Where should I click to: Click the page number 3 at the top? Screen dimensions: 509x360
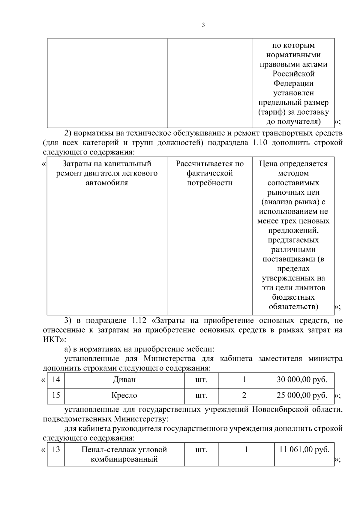[203, 25]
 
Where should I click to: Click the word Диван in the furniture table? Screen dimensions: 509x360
[124, 380]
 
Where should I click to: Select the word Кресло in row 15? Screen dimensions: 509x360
[124, 395]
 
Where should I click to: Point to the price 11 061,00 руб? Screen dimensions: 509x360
[304, 450]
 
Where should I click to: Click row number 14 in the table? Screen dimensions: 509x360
[56, 380]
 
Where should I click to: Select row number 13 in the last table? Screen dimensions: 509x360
[56, 450]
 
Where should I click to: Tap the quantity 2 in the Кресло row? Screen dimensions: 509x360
[244, 395]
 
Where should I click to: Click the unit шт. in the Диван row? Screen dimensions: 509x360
[201, 380]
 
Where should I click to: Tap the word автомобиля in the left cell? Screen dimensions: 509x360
[107, 183]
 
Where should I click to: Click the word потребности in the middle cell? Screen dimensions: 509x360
[210, 183]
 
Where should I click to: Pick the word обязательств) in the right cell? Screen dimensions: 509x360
[293, 307]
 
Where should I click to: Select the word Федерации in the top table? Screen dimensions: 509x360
[293, 83]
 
